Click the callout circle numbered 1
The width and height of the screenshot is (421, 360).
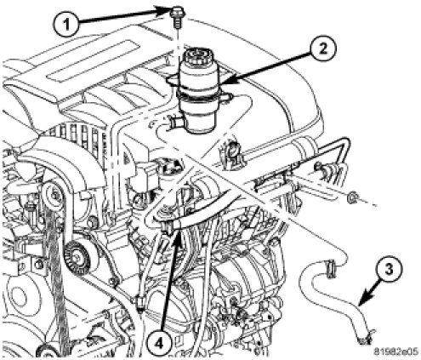click(66, 25)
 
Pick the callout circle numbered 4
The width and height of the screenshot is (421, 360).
click(159, 344)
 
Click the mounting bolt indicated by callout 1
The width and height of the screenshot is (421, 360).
click(176, 17)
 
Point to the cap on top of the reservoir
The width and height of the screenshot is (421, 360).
click(197, 56)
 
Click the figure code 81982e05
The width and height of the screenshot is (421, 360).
click(395, 351)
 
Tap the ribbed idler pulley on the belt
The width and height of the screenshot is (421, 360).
click(77, 257)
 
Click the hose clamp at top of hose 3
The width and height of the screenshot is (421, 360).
click(330, 268)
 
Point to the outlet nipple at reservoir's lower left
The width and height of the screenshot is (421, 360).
click(174, 123)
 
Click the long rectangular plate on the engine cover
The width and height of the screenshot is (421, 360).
click(95, 60)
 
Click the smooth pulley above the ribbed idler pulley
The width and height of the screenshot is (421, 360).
click(54, 195)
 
